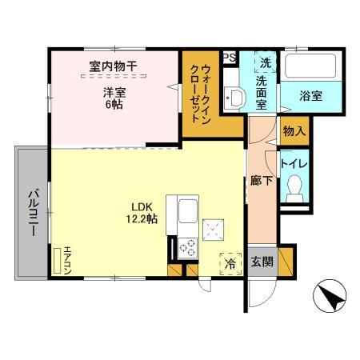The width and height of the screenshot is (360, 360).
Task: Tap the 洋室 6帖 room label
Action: click(x=112, y=98)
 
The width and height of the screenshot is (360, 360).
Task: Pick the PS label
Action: click(x=229, y=58)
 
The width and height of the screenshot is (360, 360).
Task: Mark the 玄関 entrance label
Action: click(x=262, y=262)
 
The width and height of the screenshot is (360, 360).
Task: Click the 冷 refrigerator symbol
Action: click(x=230, y=262)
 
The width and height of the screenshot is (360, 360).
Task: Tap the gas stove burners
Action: click(x=187, y=247)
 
